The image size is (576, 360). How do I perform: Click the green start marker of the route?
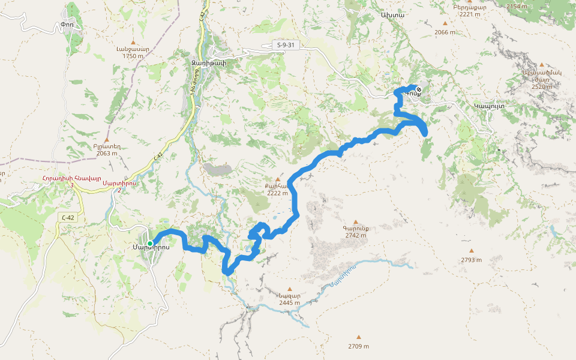[150, 243]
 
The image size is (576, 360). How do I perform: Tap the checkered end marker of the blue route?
[418, 91]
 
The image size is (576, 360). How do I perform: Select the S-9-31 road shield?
[286, 45]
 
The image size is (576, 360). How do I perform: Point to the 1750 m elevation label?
[133, 56]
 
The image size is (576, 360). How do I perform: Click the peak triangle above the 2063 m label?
[107, 140]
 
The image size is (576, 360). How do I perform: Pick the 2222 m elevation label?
[277, 193]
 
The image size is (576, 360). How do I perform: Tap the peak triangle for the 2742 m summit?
[356, 222]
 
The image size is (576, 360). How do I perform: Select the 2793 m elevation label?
[472, 260]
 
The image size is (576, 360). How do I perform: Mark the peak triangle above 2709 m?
[359, 337]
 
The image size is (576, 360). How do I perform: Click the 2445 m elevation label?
[289, 303]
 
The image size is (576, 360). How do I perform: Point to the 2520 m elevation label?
[542, 87]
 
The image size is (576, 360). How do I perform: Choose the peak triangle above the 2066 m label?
[445, 23]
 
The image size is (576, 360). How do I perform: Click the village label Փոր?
[67, 25]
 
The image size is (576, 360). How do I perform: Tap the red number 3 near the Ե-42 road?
[72, 185]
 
